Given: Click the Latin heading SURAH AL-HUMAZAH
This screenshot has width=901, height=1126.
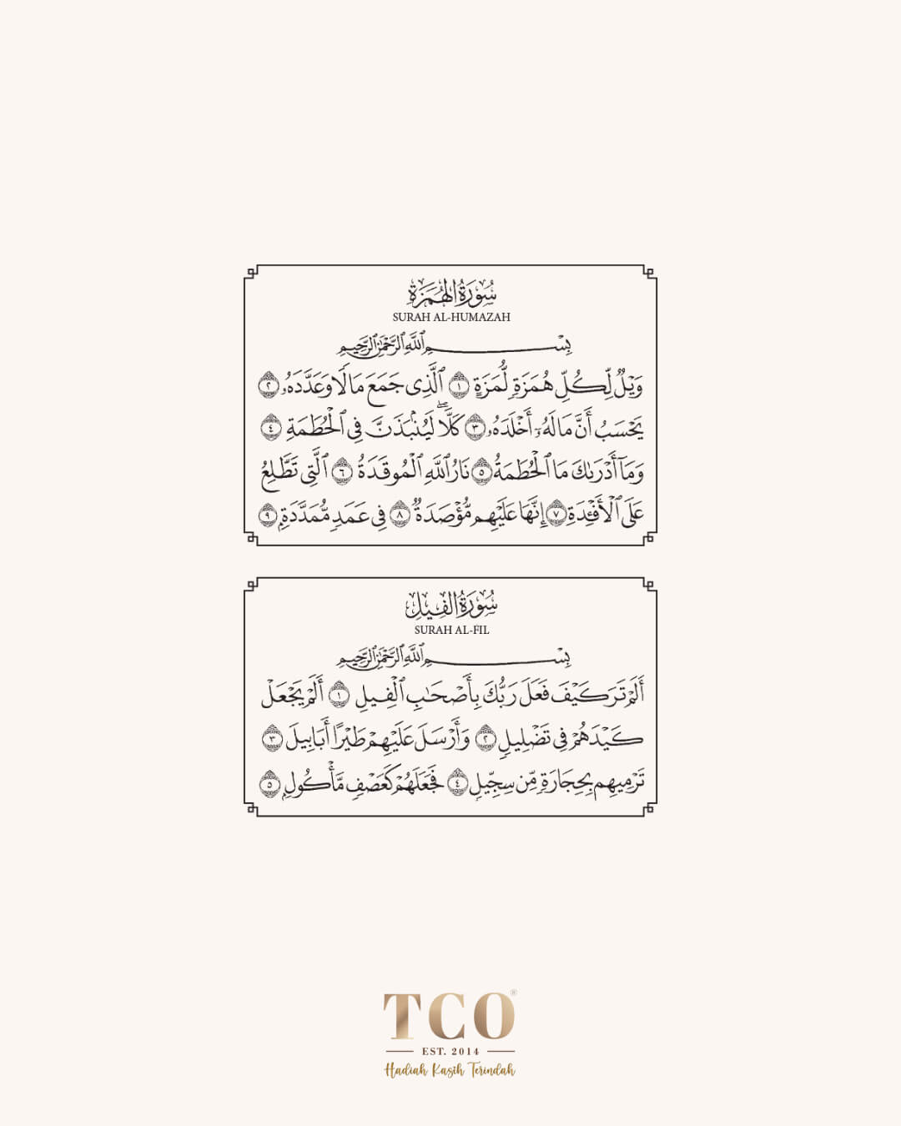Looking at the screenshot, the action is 450,317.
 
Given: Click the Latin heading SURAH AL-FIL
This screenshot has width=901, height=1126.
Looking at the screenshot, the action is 450,630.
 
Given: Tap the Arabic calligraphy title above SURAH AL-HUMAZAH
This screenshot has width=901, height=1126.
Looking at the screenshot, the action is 450,294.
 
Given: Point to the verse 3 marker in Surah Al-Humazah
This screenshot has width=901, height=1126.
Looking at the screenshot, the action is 473,429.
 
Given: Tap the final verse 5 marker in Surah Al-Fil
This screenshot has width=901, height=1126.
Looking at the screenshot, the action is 268,784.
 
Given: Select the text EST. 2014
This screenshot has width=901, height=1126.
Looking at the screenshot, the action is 450,1051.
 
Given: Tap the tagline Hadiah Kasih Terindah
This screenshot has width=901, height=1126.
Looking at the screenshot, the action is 450,1070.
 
